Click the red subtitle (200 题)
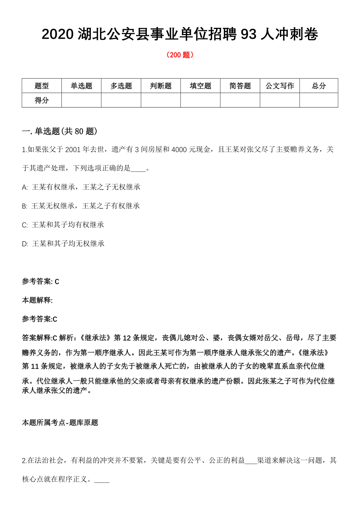point(180,55)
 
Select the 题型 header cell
point(42,86)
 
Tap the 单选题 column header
point(81,86)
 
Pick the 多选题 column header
point(121,86)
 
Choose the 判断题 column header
point(160,86)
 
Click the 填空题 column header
point(200,86)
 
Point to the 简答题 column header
point(240,86)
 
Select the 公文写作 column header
point(280,86)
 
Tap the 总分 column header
point(319,86)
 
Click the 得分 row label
point(42,100)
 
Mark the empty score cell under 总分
point(319,100)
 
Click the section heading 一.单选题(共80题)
point(59,131)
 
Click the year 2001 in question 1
point(73,150)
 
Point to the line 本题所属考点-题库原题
point(60,423)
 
